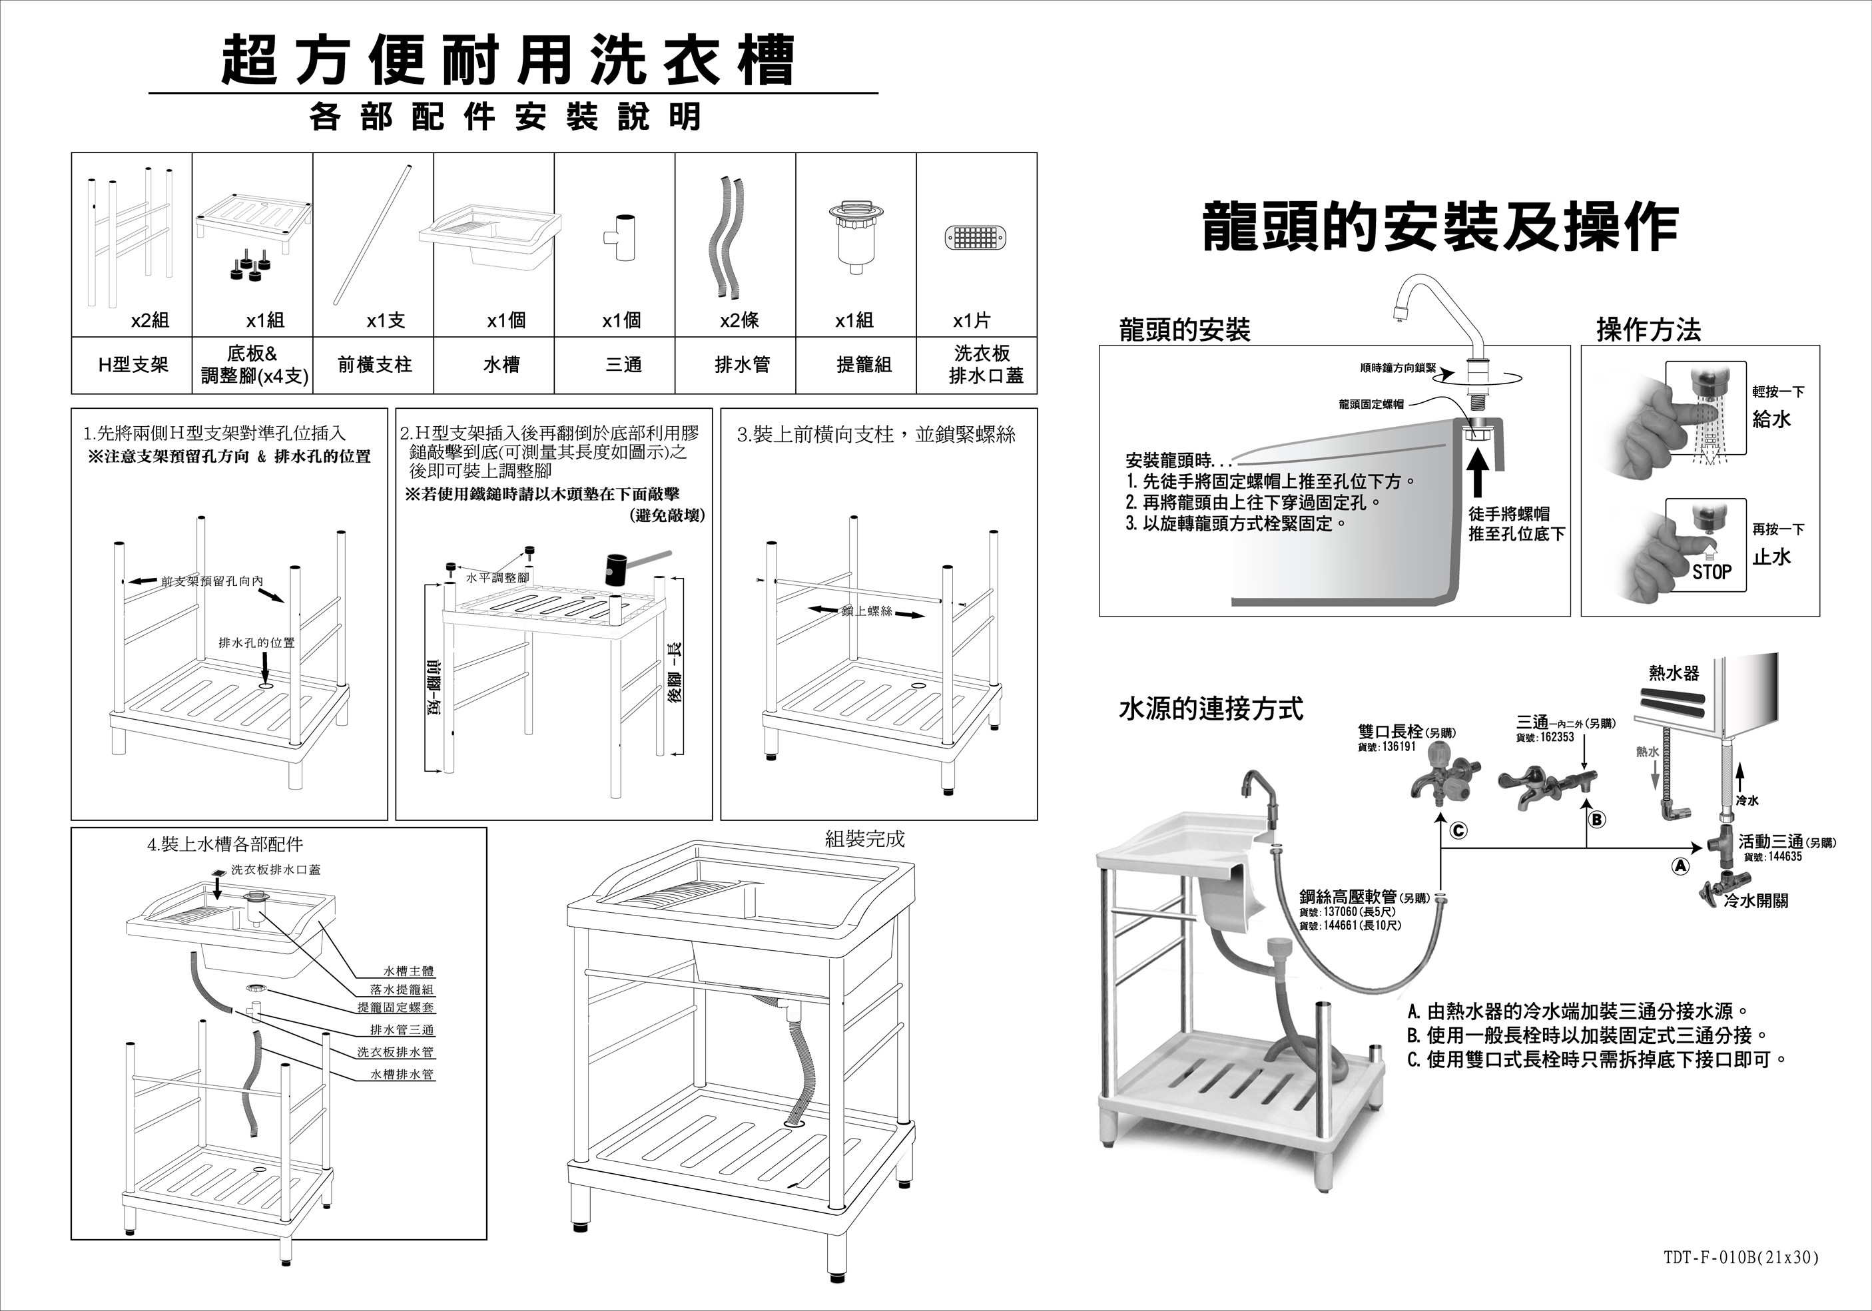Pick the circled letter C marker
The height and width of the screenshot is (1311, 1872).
pos(1458,831)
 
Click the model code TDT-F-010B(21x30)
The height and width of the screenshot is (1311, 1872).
pos(1741,1257)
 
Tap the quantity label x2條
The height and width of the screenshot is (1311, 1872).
pos(739,320)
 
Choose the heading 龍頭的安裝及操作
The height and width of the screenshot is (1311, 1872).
pos(1440,228)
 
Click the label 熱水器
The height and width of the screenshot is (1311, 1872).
pos(1674,672)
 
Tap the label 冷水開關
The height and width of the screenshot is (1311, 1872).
pos(1755,900)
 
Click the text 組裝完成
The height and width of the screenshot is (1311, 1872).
pos(864,839)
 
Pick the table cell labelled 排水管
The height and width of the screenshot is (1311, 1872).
pos(742,364)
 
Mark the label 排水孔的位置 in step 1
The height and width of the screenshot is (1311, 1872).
pos(256,643)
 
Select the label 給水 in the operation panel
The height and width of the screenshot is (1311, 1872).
pos(1771,419)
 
